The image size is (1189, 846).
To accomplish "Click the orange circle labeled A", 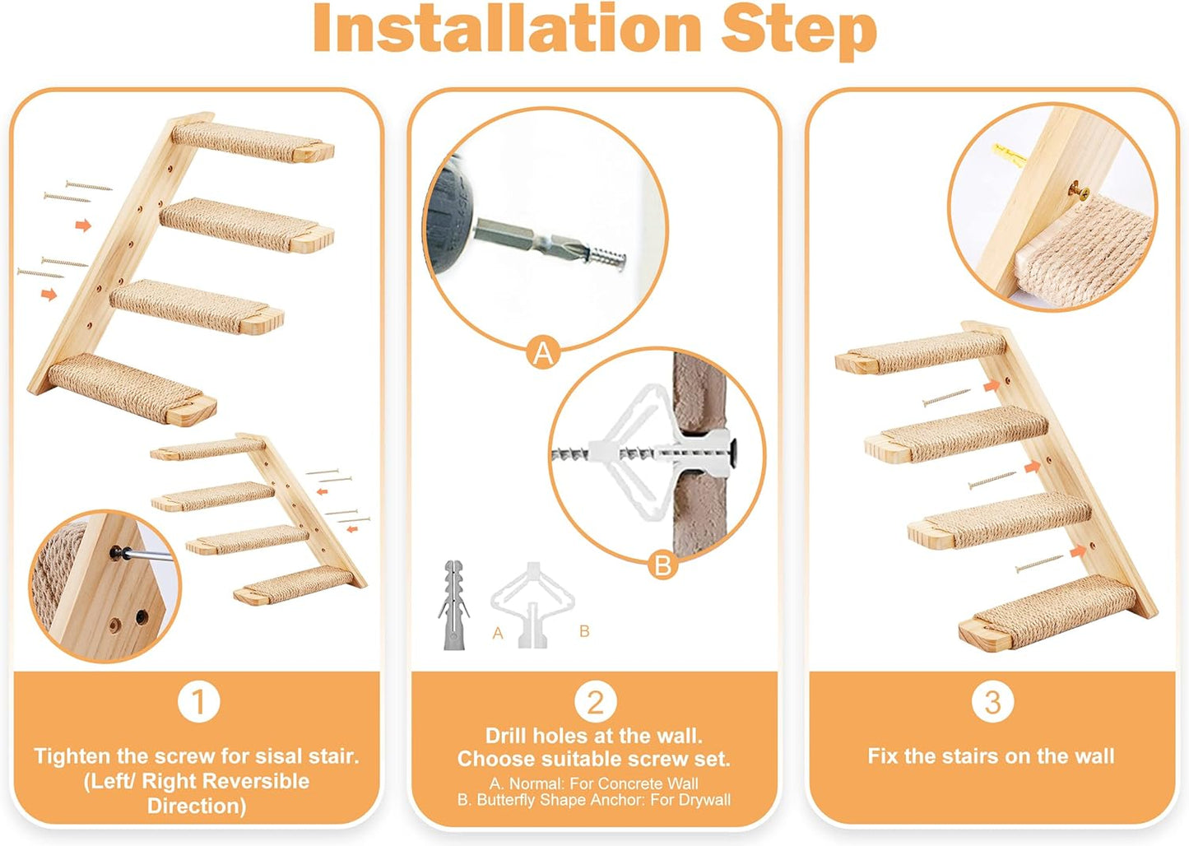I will click(543, 353).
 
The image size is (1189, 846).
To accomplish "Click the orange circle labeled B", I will click(662, 565).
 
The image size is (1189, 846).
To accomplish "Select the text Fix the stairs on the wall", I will click(991, 755).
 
